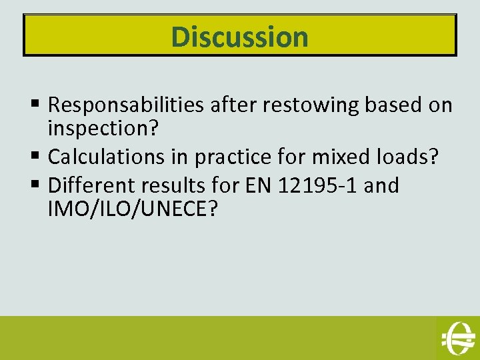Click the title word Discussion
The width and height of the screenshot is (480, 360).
click(240, 36)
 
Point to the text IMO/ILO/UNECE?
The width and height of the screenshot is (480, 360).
click(133, 209)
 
